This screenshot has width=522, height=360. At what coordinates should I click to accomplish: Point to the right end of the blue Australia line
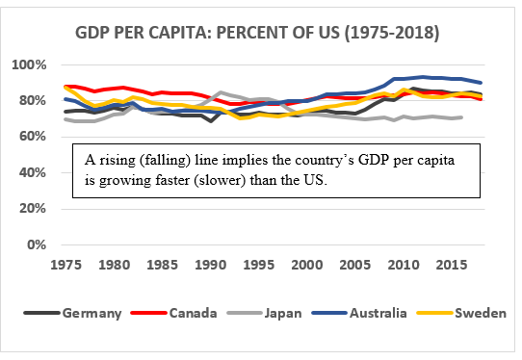(x=482, y=83)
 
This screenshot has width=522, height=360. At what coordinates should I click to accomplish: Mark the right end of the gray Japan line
(x=463, y=117)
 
